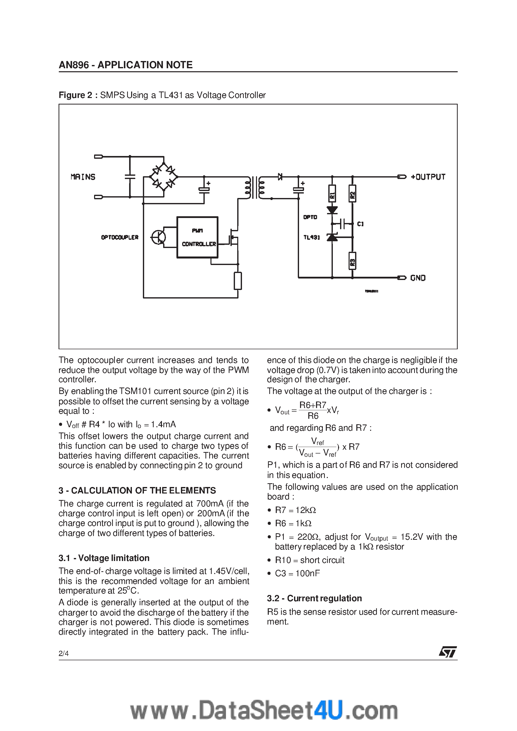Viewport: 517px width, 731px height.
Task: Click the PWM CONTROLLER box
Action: pos(197,237)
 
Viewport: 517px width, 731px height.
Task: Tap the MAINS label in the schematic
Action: pos(83,177)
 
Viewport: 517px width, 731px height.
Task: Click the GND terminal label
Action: pos(418,278)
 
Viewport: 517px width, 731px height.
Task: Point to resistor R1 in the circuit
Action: pos(332,193)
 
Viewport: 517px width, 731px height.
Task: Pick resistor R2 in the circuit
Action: pos(352,193)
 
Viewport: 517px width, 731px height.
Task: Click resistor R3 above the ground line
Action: pos(352,261)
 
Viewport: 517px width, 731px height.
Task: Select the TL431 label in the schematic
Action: pos(311,237)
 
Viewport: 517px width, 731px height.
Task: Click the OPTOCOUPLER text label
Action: pos(120,237)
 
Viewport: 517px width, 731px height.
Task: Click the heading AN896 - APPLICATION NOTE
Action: pos(126,65)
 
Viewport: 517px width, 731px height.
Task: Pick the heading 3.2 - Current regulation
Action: pos(314,598)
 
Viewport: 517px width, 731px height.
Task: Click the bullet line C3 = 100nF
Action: pos(297,573)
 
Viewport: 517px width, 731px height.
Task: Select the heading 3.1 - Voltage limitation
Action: pos(104,558)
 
